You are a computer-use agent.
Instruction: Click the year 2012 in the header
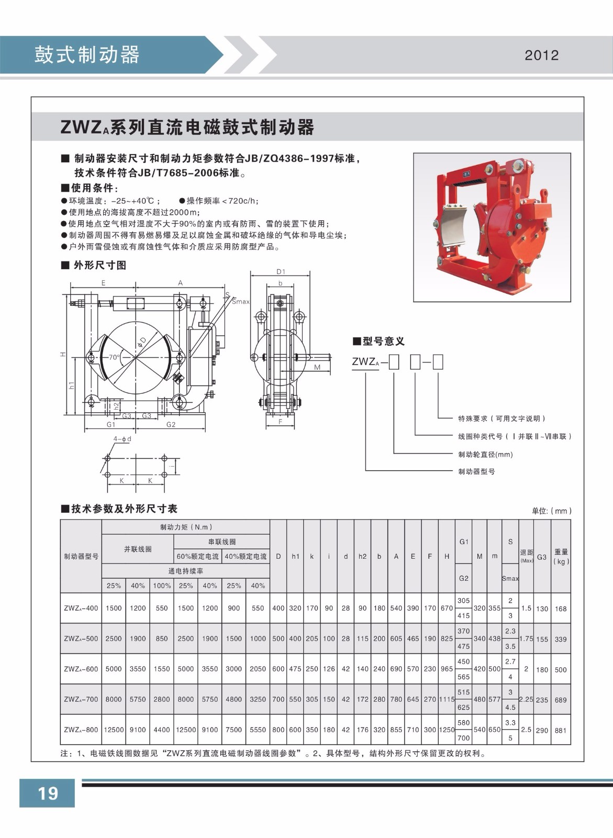tap(541, 55)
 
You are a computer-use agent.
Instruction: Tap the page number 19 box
tap(48, 793)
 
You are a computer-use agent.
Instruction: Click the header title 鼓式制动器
tap(87, 54)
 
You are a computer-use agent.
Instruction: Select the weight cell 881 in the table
tap(561, 730)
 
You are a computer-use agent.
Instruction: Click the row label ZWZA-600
tap(81, 669)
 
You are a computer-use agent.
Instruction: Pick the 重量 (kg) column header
tap(561, 556)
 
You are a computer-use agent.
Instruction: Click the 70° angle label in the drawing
tap(114, 358)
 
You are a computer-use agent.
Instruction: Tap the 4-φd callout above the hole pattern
tap(122, 438)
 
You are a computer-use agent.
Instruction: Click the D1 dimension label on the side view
tap(281, 271)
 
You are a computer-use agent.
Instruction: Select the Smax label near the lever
tap(241, 302)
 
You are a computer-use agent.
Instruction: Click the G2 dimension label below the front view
tap(171, 424)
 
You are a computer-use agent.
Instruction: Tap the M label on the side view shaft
tap(317, 367)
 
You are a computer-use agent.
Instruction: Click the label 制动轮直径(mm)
tap(485, 454)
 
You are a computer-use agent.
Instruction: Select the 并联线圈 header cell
tap(138, 549)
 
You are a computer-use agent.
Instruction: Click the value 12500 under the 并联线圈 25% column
tap(114, 730)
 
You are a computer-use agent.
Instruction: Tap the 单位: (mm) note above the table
tap(552, 511)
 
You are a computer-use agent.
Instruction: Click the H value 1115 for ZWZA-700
tap(447, 699)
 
